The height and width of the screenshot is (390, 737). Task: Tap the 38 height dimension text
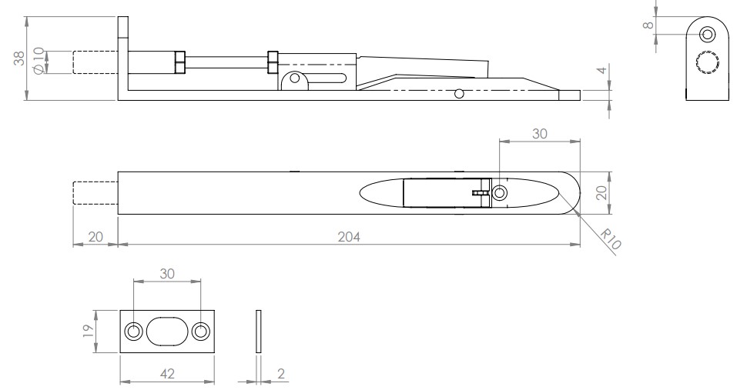pos(19,58)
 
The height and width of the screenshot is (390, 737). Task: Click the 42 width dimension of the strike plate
pos(166,373)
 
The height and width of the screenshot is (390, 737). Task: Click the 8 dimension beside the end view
pos(651,24)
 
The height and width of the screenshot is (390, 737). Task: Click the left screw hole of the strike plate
pos(133,332)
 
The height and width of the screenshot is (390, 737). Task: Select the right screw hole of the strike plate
pos(200,332)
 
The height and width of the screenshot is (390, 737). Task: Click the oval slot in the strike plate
pos(166,332)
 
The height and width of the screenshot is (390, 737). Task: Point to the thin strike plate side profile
pos(258,332)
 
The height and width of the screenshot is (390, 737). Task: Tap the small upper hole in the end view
pos(708,34)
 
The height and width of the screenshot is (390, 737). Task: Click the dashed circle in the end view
pos(706,62)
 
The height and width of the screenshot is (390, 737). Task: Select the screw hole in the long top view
pos(499,192)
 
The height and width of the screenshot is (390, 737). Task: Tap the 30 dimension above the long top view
pos(539,133)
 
